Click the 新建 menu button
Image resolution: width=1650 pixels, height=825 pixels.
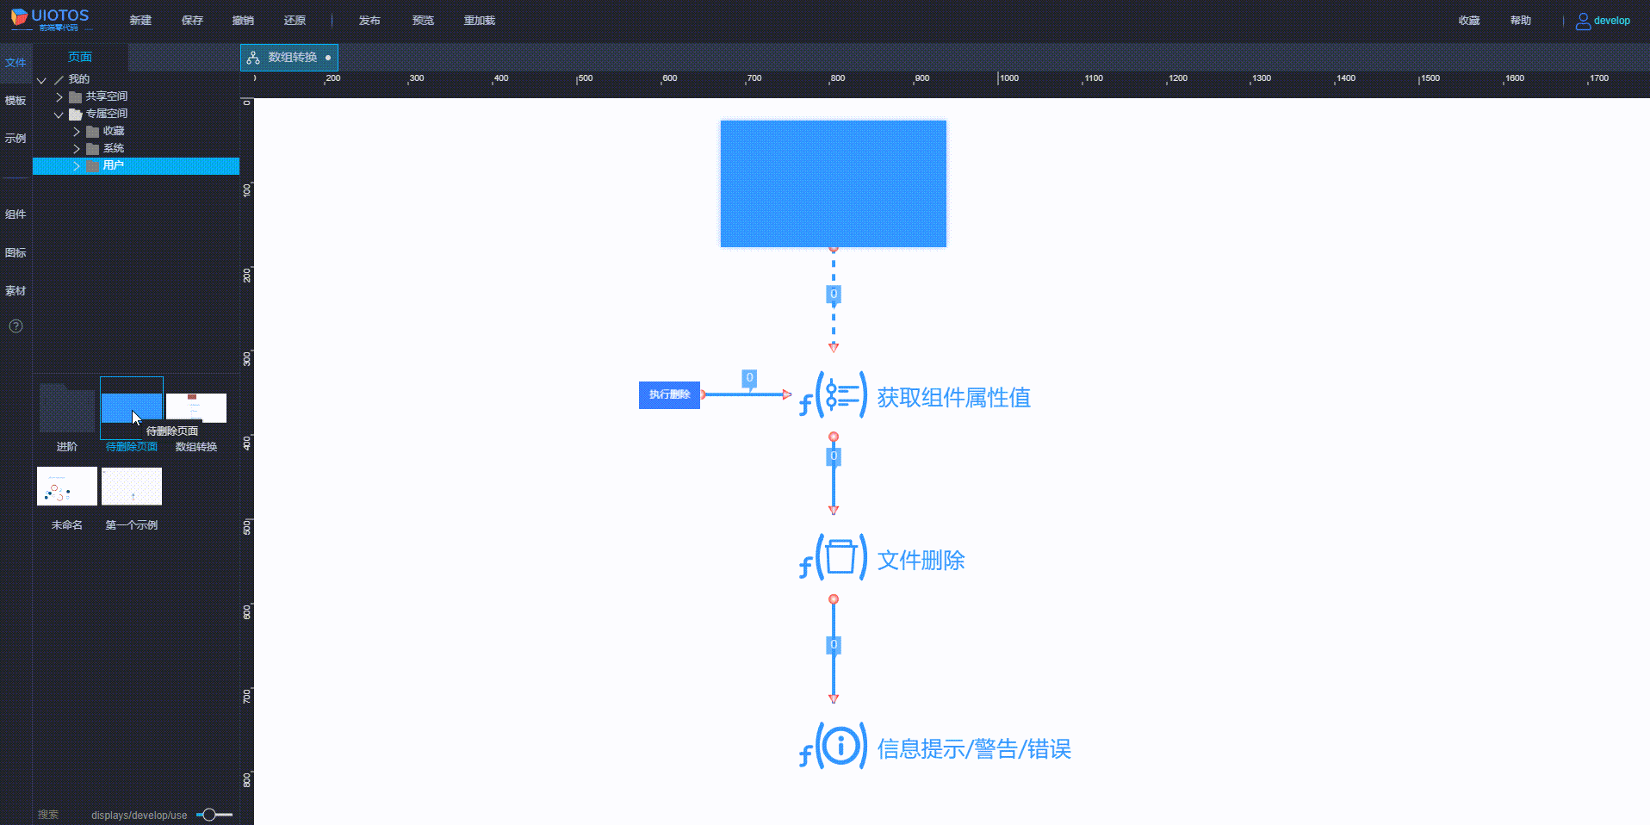pyautogui.click(x=140, y=21)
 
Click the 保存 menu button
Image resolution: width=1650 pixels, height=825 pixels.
pyautogui.click(x=192, y=21)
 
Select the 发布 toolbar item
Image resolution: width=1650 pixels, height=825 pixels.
pyautogui.click(x=369, y=21)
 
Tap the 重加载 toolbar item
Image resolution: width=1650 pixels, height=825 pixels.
pyautogui.click(x=479, y=21)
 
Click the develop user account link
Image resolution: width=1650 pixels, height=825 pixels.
pyautogui.click(x=1603, y=21)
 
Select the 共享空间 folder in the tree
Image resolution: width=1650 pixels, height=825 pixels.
pyautogui.click(x=106, y=96)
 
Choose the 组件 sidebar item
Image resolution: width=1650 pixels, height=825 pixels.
pyautogui.click(x=16, y=214)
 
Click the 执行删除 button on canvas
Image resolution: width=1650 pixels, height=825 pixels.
pyautogui.click(x=669, y=394)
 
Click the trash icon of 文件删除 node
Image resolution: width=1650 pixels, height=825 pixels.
pyautogui.click(x=841, y=557)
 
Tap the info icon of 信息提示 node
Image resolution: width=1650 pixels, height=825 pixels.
pyautogui.click(x=841, y=745)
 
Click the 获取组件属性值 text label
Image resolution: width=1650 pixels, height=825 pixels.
pyautogui.click(x=953, y=397)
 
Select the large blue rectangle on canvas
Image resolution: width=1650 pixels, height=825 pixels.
pyautogui.click(x=833, y=183)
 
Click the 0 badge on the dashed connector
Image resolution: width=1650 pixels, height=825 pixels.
pyautogui.click(x=833, y=295)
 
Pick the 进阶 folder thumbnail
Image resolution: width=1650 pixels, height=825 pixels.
pyautogui.click(x=67, y=408)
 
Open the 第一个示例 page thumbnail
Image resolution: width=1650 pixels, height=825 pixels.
pyautogui.click(x=132, y=487)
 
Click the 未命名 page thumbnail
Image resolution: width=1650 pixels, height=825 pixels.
pyautogui.click(x=67, y=487)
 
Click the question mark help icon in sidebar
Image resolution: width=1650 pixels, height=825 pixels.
pyautogui.click(x=16, y=326)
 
